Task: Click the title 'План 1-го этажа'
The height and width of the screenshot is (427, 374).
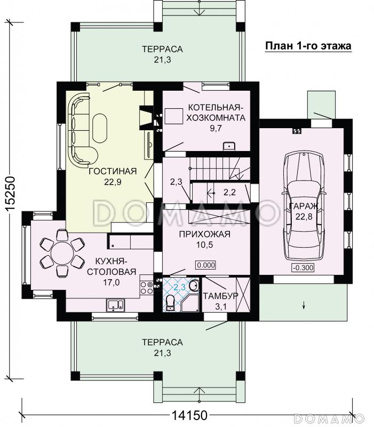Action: (308, 46)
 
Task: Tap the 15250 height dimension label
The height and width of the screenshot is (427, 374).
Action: (10, 194)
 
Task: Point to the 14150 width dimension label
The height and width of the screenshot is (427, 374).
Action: (189, 416)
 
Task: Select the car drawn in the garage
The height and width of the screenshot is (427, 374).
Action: (304, 206)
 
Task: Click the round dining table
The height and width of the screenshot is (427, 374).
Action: (62, 252)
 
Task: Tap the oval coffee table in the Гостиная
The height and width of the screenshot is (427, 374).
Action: (100, 128)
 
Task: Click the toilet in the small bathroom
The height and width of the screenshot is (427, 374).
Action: (170, 302)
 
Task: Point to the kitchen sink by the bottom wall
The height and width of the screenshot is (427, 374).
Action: (115, 304)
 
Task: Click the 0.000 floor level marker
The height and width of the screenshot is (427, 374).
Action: (206, 265)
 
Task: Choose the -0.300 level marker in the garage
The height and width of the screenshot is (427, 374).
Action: (303, 268)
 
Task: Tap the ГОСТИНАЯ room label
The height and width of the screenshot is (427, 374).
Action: (113, 171)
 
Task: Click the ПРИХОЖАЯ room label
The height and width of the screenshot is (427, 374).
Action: (205, 234)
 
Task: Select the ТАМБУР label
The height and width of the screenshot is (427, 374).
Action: (221, 296)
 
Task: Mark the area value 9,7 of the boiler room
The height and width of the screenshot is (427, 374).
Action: (216, 128)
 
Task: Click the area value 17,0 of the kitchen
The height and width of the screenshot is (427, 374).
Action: (111, 282)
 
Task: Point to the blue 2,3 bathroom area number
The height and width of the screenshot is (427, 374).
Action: (179, 287)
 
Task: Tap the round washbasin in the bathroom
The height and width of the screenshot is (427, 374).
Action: (194, 285)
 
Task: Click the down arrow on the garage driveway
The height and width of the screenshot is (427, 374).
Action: (304, 305)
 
